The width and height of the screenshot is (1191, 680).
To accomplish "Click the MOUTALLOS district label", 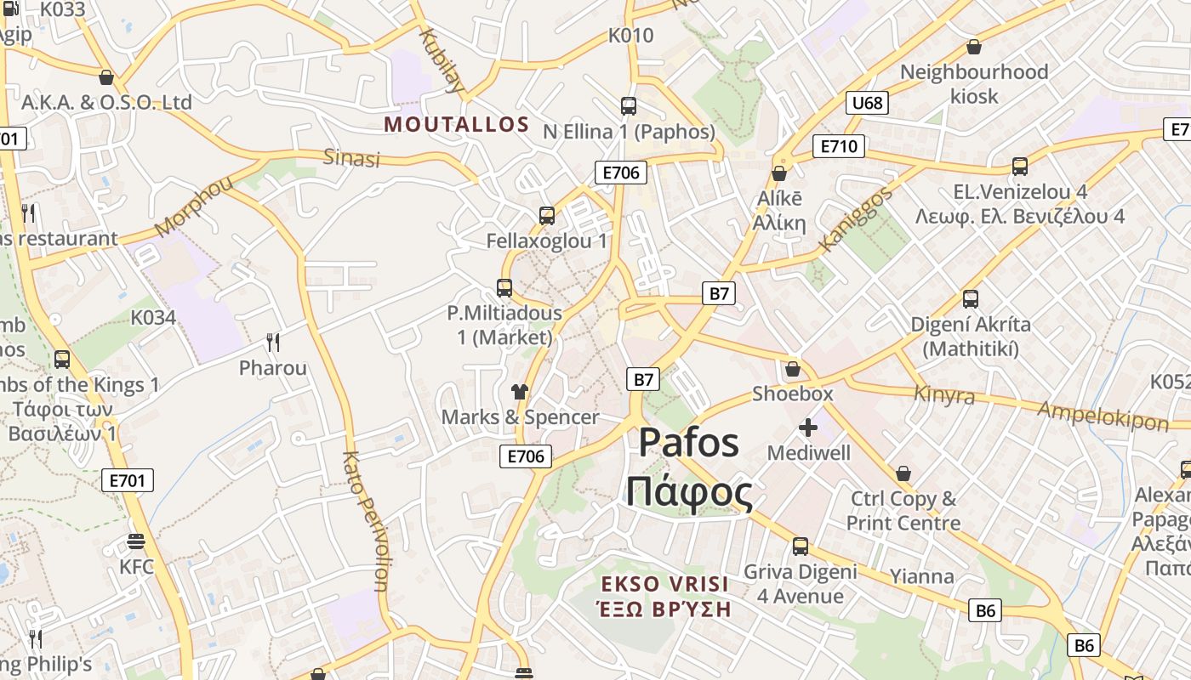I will coord(457,124).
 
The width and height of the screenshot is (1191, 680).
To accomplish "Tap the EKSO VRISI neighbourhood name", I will coord(664,584).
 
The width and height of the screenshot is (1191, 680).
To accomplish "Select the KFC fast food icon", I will coord(135,541).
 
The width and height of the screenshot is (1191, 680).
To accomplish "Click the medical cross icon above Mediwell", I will coord(807,427).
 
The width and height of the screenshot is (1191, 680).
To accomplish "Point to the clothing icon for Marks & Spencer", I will coord(519,392).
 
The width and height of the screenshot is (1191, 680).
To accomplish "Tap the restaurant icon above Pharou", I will coord(272,343).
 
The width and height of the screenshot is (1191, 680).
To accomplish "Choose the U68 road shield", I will coord(868,104).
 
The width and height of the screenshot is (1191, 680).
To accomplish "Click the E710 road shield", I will coord(838,146).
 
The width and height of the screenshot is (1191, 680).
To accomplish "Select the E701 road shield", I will coord(128,480).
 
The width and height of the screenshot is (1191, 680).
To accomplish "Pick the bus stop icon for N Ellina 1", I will coord(629,106).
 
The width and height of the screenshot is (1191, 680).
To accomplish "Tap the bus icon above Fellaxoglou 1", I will coord(547,216).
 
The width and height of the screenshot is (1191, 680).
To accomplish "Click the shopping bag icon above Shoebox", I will coord(793,369).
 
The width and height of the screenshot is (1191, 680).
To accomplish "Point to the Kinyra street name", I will coord(944,394).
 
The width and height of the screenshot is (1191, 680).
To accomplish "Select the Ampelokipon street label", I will coord(1103,415).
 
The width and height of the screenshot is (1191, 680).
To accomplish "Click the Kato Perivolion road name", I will coord(365,520).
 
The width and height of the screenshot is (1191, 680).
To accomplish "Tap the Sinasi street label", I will coord(351,157).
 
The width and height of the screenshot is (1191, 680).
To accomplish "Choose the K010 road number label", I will coord(630,36).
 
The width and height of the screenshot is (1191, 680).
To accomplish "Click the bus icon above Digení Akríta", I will coord(971,299).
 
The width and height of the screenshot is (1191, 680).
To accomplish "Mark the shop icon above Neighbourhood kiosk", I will coord(974,47).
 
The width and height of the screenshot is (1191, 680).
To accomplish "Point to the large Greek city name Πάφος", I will coord(689,492).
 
